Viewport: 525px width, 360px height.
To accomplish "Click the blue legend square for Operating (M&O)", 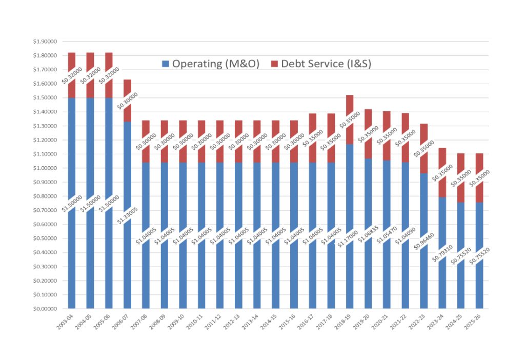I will point(165,64).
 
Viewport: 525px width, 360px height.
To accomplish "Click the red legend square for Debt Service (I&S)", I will point(274,64).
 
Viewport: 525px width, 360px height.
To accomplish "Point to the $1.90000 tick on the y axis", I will point(46,42).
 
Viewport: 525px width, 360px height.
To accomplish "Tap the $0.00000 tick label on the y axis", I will point(46,309).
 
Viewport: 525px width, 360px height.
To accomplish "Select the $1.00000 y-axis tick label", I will point(46,168).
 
